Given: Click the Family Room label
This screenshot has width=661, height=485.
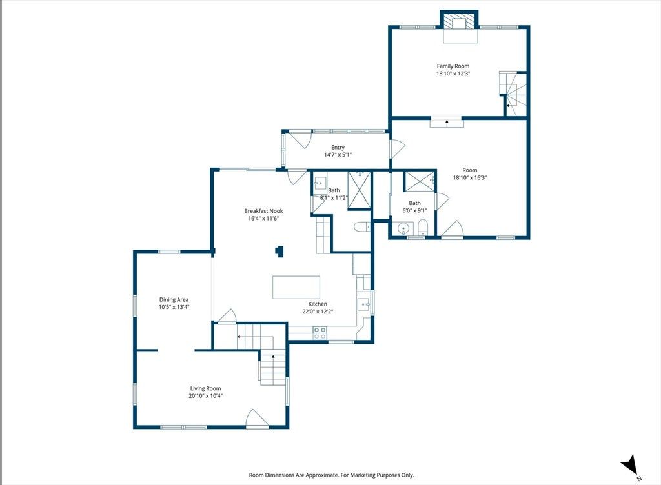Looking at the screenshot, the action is coord(453,66).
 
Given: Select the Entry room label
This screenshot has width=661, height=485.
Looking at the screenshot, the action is coord(338,147).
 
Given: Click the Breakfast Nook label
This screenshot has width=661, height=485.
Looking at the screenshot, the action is coord(263,211).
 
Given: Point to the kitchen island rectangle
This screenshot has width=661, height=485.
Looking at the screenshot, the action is coord(296,287).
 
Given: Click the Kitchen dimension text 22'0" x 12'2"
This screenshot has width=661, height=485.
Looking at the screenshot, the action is coord(318,312).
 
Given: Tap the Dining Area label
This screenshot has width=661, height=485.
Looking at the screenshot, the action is coord(174,300).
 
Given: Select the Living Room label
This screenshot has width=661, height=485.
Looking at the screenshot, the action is coord(205,389).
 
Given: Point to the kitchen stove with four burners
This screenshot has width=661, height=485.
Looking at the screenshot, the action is coord(320,333).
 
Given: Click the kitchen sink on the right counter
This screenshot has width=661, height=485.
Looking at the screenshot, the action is coord(364,304).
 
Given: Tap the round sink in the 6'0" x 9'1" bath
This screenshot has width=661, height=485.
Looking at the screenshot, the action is coord(403,229).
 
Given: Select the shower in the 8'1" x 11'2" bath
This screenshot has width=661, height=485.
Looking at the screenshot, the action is coord(359,190).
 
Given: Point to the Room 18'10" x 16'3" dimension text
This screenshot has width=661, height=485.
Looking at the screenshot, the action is coord(470,177).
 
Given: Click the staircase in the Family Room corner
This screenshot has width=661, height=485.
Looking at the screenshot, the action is coord(513,94).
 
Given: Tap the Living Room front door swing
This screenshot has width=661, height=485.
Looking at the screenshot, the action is coord(257,419).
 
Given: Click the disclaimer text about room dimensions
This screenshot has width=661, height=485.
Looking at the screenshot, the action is coord(331,475).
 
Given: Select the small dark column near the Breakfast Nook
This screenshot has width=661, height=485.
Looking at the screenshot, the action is coord(280,252).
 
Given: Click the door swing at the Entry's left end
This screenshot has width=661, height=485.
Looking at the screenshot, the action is coord(300,139).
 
